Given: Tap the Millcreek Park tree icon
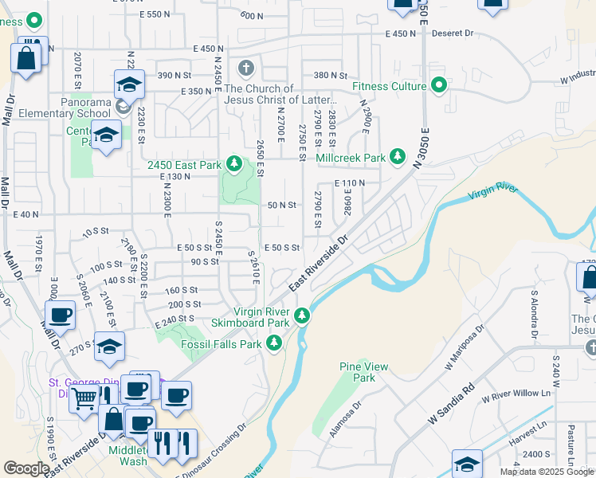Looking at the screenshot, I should [x=398, y=157].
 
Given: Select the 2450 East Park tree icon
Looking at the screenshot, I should [x=233, y=164].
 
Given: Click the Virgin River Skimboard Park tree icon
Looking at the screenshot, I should [x=302, y=316].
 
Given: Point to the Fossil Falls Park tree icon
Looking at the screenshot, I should [x=274, y=343].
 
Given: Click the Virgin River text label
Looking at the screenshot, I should [x=492, y=192].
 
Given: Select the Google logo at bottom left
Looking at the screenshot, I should [x=25, y=468].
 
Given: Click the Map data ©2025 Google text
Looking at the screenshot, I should [x=547, y=472].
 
